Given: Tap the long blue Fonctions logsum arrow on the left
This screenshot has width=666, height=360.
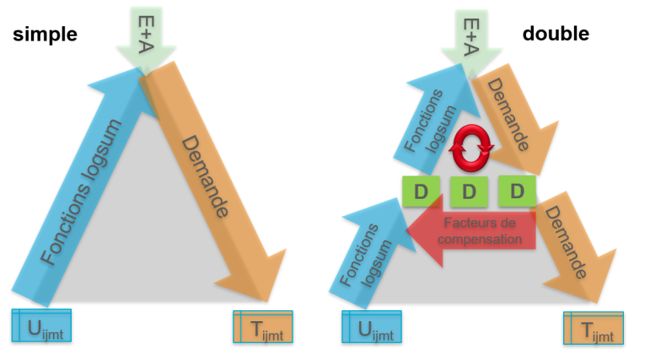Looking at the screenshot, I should click(80, 191).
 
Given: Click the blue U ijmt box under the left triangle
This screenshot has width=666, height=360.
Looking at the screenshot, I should click(41, 325).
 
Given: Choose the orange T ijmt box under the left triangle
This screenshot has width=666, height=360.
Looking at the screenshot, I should click(263, 327).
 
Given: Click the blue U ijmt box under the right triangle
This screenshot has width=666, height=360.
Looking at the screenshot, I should click(372, 327).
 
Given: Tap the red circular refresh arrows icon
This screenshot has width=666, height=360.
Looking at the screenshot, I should click(471, 148).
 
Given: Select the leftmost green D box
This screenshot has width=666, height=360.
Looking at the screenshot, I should click(421, 191).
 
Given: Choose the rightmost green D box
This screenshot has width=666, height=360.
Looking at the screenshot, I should click(517, 191).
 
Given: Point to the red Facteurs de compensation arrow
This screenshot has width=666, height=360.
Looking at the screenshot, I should click(481, 230).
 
